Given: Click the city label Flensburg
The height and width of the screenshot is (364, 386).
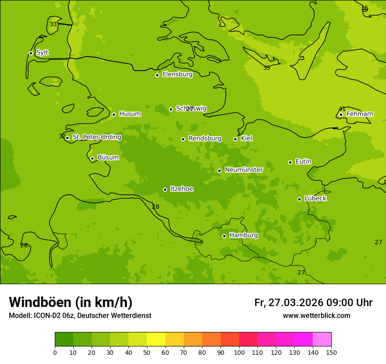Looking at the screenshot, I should [x=177, y=75].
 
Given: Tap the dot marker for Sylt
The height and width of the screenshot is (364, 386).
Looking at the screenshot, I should [x=31, y=53].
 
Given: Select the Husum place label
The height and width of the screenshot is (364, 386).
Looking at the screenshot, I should [x=130, y=114].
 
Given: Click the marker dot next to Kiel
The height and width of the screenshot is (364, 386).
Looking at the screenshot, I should [x=235, y=139].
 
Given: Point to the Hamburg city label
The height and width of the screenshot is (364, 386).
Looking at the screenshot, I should [x=243, y=236].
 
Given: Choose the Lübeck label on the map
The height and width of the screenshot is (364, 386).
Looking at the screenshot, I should [x=315, y=199].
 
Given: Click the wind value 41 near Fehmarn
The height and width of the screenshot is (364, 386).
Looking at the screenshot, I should [x=342, y=109].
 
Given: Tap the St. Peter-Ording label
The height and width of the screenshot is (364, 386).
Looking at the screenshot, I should [x=96, y=137].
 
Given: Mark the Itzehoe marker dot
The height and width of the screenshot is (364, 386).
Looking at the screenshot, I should [x=165, y=189].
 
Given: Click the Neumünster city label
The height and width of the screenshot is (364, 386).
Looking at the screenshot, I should [x=243, y=170].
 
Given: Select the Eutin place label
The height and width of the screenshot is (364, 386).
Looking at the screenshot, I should [x=303, y=162].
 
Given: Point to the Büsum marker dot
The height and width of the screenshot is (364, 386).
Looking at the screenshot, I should [x=92, y=158].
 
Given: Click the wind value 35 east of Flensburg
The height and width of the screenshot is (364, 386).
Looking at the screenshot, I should [x=267, y=68].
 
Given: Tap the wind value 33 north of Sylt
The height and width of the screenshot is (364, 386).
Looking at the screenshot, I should [x=53, y=24].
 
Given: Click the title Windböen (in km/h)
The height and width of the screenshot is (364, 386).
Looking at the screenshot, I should [x=71, y=302].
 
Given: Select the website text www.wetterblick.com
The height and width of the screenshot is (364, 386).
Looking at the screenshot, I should [x=316, y=316].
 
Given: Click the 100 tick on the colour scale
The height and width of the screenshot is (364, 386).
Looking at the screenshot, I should [x=239, y=352].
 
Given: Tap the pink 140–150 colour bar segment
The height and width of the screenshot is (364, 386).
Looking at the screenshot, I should [x=322, y=339].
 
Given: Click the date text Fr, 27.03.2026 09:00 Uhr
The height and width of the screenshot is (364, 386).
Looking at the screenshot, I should [x=313, y=303].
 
